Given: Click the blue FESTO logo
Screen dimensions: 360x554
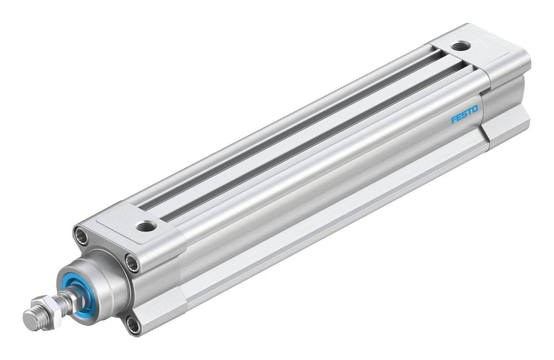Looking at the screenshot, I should pos(464,114).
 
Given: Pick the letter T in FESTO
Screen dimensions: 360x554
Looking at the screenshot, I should pos(469,112).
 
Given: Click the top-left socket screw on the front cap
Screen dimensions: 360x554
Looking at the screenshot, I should pos(81,236).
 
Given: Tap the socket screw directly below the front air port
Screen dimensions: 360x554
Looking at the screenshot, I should pos(131,264).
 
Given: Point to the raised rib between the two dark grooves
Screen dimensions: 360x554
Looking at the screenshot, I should pos(303,130).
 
